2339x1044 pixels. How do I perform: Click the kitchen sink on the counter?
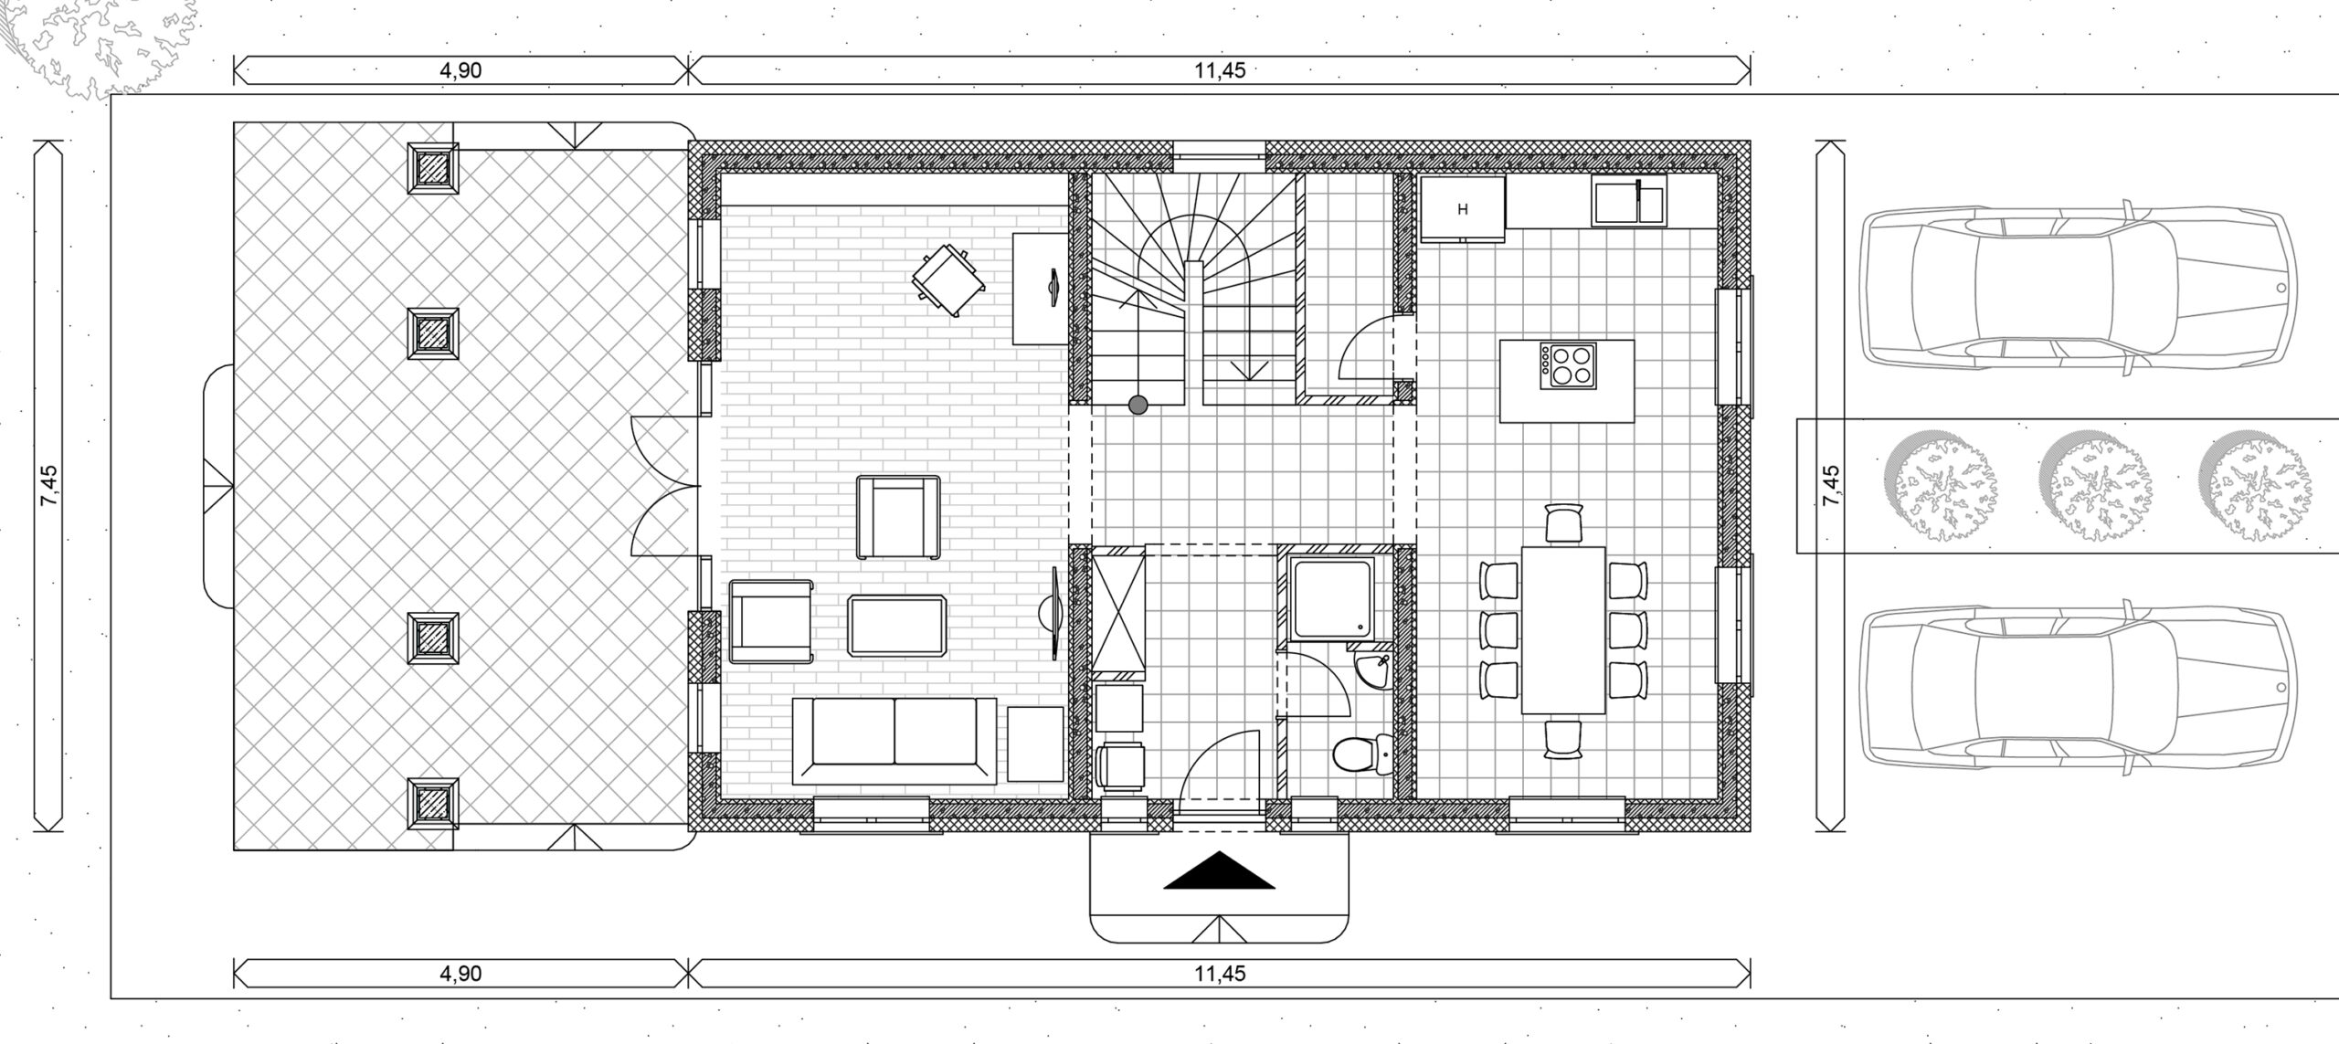tap(1629, 201)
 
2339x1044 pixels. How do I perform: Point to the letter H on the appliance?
tap(1463, 210)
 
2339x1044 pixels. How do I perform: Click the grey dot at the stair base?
tap(1138, 405)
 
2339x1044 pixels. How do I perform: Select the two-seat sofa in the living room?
tap(894, 741)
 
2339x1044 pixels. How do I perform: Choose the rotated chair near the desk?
tap(949, 281)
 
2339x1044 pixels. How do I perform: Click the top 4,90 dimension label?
tap(460, 71)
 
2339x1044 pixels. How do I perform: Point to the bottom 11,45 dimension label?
tap(1220, 974)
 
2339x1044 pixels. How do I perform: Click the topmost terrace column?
tap(432, 167)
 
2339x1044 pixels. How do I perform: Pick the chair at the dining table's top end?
tap(1563, 523)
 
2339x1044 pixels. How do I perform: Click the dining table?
tap(1563, 629)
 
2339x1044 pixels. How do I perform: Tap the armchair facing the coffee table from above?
tap(898, 518)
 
